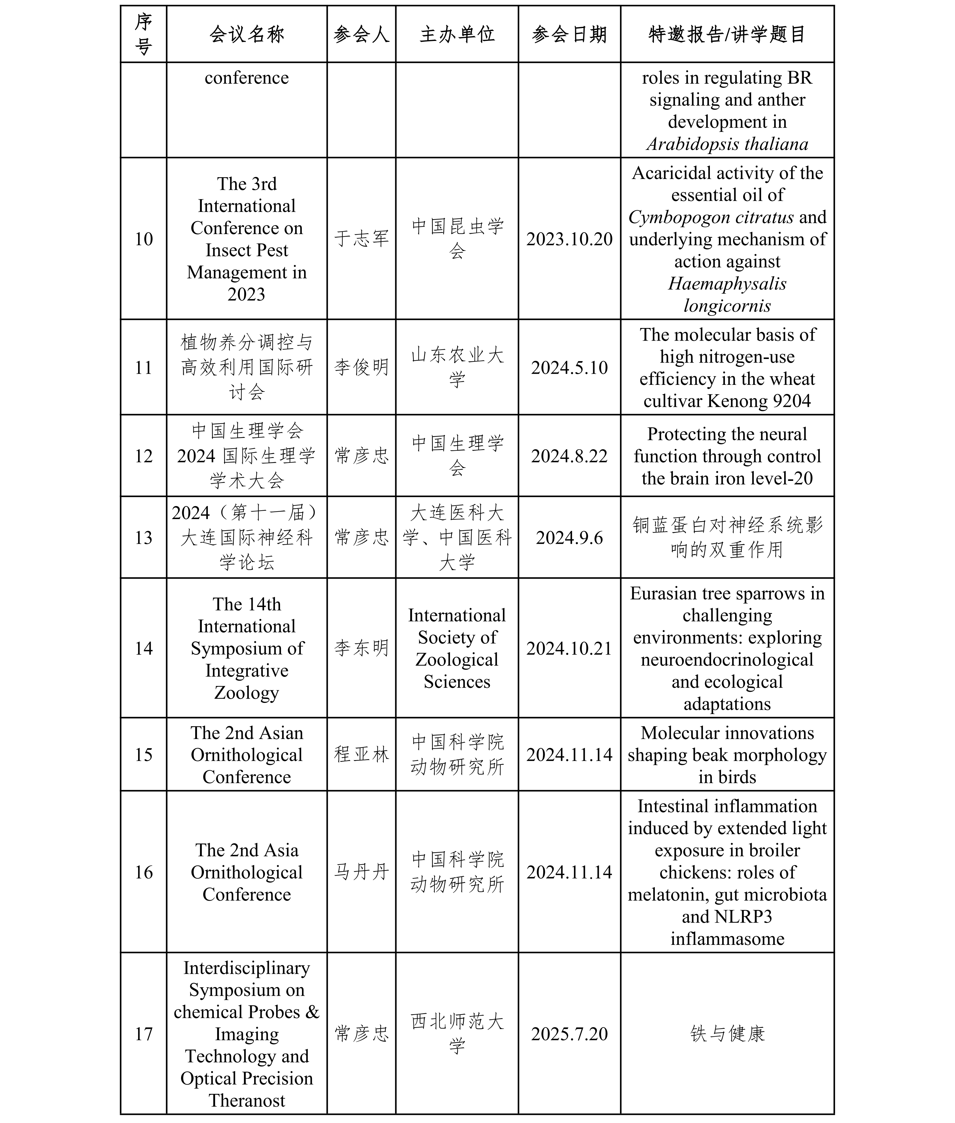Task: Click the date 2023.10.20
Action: (569, 239)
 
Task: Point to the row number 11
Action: (143, 368)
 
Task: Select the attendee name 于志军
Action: (361, 239)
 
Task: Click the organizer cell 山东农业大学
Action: (457, 368)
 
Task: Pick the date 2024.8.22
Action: (569, 456)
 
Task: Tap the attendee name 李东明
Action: (361, 648)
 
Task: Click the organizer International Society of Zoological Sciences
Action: (457, 648)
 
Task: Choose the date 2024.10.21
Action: (569, 648)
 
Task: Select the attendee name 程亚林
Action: (361, 754)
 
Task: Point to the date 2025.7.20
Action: (569, 1034)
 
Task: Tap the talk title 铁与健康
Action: (727, 1034)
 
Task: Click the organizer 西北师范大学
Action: (457, 1034)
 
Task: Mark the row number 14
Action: (143, 648)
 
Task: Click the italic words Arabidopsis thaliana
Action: (727, 144)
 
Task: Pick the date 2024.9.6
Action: (569, 538)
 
